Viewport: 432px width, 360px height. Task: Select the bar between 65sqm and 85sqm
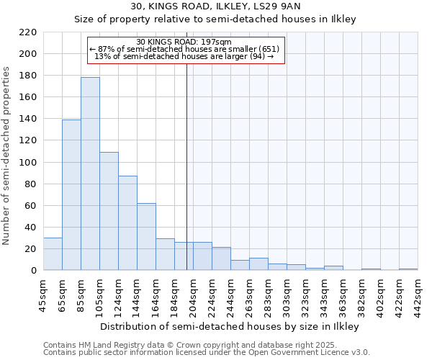71,194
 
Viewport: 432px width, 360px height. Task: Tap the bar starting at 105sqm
109,211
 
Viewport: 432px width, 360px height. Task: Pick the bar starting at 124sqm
127,223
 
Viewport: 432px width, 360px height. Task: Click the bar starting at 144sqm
146,236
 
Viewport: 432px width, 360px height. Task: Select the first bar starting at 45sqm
53,254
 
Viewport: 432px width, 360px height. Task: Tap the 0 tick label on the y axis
34,271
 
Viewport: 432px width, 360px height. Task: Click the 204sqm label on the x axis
192,294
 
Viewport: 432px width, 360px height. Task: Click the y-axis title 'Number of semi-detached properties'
7,156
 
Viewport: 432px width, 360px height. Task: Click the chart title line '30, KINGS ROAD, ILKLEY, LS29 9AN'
215,7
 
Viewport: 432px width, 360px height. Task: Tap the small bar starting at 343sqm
333,268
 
